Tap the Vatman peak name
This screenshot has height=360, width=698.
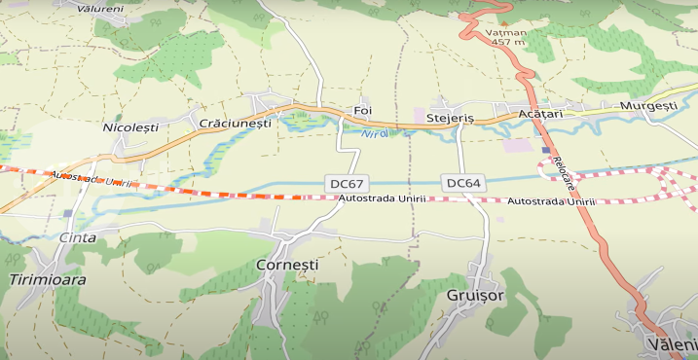(x=505, y=32)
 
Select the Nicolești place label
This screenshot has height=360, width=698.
(x=129, y=126)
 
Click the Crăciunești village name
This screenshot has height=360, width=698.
(x=235, y=124)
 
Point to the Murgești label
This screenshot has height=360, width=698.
(x=647, y=105)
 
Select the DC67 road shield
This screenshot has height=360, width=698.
(x=347, y=183)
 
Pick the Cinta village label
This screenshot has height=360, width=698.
(x=78, y=237)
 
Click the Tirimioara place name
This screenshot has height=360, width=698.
(x=47, y=279)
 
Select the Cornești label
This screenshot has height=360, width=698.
(x=286, y=265)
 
